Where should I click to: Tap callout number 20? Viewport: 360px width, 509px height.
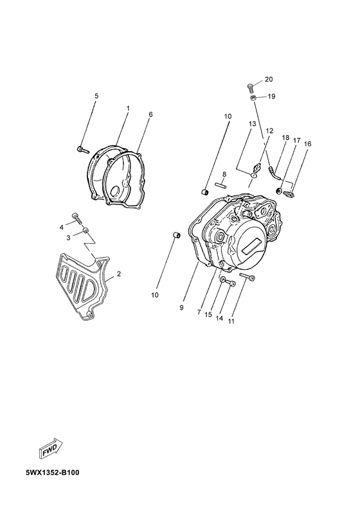click(x=269, y=79)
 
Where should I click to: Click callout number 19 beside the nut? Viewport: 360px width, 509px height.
click(x=271, y=96)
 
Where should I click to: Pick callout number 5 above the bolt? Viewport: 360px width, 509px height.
click(x=96, y=96)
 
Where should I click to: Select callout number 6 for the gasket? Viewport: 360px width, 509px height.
click(x=150, y=114)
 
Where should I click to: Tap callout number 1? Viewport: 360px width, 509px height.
click(x=128, y=108)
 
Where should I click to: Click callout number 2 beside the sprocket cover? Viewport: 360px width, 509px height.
click(x=119, y=274)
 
